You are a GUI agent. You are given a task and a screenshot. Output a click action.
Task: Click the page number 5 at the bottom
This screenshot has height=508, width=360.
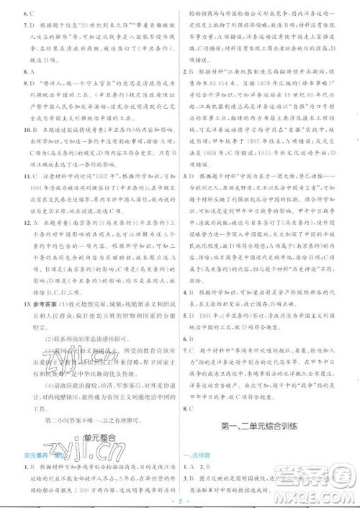tap(179, 499)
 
